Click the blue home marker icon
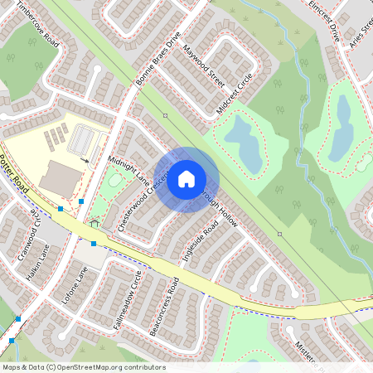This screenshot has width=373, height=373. pos(186,179)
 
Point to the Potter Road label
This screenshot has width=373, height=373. pos(14,175)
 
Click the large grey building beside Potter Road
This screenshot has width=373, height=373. pos(61,178)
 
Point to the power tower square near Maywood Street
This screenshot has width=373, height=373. pos(165,115)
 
